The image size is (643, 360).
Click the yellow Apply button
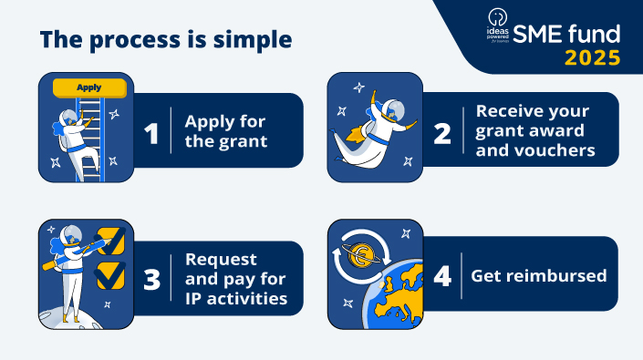coord(89,87)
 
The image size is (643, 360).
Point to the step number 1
coord(151,133)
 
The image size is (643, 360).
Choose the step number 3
coord(151,279)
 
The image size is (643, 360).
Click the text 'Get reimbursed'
coord(538,275)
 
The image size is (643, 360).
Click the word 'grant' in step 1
coord(243,141)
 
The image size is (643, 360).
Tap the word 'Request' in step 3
coord(221,260)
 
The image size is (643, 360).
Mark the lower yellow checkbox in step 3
coord(110,273)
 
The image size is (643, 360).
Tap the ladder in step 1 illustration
coord(91,137)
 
